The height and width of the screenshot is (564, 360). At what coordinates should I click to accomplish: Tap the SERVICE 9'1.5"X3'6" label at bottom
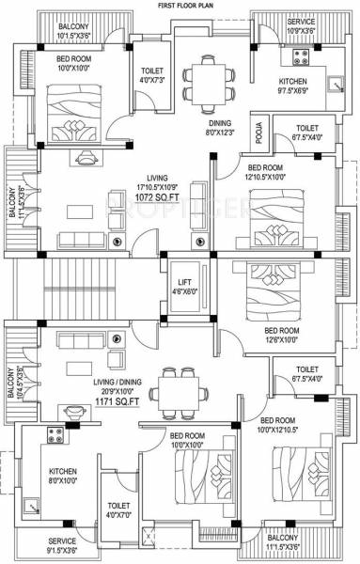click(62, 545)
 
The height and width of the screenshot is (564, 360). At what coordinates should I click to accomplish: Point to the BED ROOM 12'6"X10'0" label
click(282, 336)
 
